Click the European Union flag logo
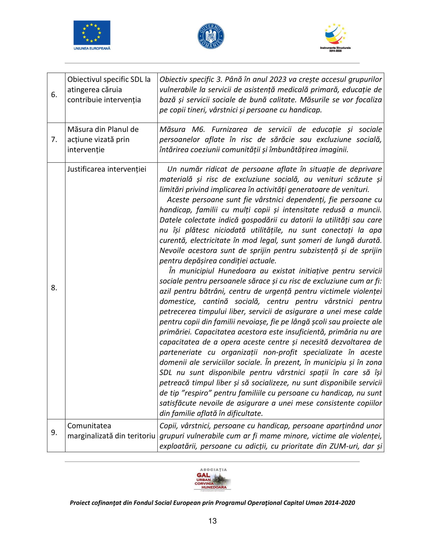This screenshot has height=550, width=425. pos(92,33)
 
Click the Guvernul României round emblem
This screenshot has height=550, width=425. pos(211,36)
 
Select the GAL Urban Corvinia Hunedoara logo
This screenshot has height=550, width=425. pos(212,480)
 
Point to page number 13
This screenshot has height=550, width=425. pos(212,521)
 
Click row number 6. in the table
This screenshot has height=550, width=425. pos(54,95)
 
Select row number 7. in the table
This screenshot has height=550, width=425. pos(54,139)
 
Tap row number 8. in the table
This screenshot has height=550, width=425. pos(54,287)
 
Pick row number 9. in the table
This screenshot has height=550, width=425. pos(54,432)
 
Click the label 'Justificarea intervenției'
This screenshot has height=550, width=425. pos(107,169)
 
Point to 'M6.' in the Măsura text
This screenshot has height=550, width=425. pos(198,129)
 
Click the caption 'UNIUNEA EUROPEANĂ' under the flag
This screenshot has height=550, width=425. pos(92,48)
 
